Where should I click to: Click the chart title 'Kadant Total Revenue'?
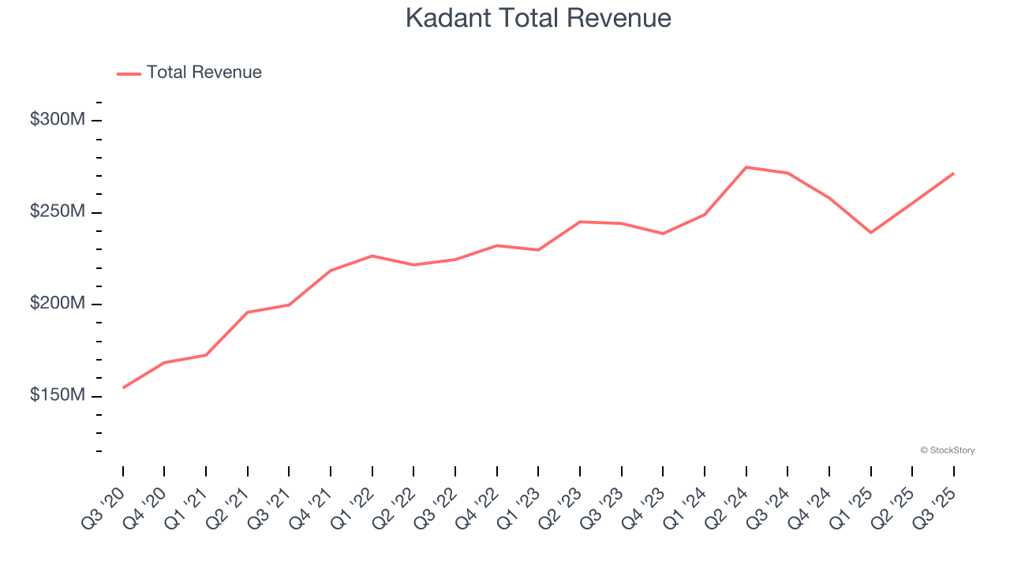tap(538, 18)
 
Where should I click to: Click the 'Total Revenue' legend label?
tap(204, 73)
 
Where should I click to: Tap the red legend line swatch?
tap(129, 73)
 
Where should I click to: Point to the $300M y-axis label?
tap(57, 120)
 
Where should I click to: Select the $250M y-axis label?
tap(57, 212)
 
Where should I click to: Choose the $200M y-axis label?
tap(57, 304)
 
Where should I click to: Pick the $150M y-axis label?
tap(57, 395)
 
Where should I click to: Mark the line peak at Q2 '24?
tap(746, 167)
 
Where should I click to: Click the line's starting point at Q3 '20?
tap(123, 387)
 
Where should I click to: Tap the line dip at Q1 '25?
tap(870, 233)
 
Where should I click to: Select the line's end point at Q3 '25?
tap(953, 174)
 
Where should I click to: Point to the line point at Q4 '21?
tap(331, 271)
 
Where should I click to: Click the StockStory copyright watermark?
tap(947, 450)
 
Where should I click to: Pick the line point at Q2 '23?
tap(580, 222)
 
